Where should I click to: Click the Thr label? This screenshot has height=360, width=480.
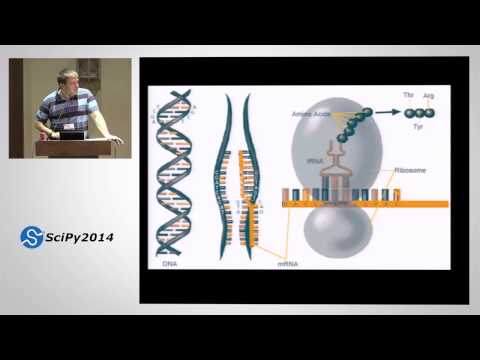[407, 96]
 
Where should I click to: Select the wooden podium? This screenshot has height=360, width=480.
[76, 148]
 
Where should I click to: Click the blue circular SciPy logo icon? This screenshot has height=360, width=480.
[31, 237]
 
